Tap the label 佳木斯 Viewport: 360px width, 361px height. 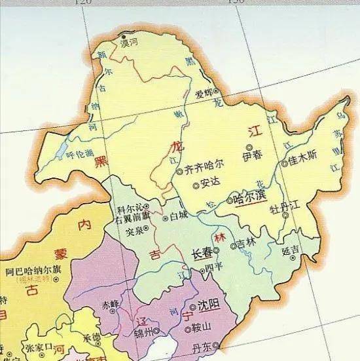(303, 159)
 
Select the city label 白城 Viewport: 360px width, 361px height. (178, 215)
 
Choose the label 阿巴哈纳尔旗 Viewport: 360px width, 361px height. (33, 270)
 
